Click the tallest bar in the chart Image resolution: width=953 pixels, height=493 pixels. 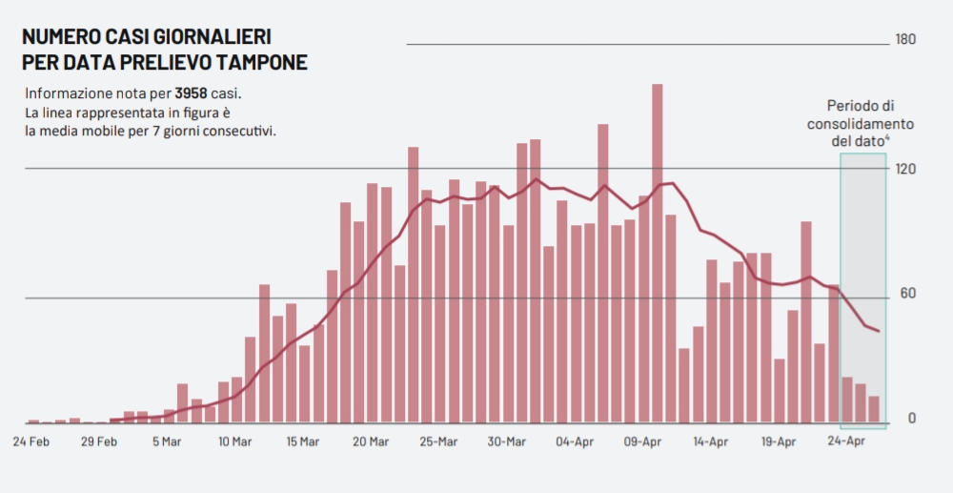(x=658, y=253)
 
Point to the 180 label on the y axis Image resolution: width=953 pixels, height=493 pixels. (x=904, y=40)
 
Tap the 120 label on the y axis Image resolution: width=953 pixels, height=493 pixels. (x=904, y=169)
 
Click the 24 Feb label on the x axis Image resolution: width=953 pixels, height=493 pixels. (x=30, y=442)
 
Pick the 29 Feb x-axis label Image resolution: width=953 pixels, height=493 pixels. (x=98, y=442)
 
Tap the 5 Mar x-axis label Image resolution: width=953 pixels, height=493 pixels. (x=166, y=442)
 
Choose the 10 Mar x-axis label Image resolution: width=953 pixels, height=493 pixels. (x=234, y=442)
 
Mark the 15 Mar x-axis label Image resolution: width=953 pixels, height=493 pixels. (x=302, y=442)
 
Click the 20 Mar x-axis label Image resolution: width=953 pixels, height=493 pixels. (x=371, y=442)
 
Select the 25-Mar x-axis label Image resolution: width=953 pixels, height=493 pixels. (x=439, y=442)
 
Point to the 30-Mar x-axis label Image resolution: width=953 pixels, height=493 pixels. (x=507, y=442)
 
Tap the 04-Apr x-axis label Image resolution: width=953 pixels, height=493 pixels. (x=576, y=442)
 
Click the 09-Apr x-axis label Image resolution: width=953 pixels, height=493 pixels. (x=643, y=442)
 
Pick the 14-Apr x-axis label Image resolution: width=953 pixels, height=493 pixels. (x=711, y=442)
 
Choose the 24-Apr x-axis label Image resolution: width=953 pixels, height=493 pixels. (x=847, y=442)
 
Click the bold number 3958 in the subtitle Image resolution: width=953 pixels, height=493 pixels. (x=192, y=93)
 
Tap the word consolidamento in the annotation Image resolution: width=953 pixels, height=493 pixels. (x=861, y=124)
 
